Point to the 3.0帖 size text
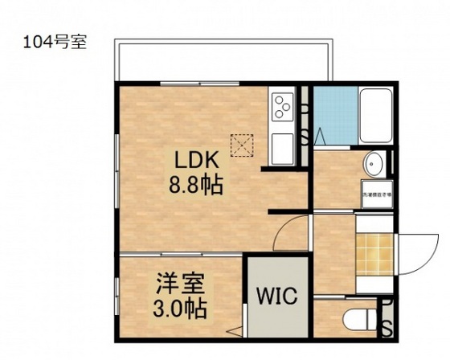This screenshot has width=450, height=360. [x=180, y=308]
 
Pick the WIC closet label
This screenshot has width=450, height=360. [x=276, y=295]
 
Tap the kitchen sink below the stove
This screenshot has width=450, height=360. [x=284, y=148]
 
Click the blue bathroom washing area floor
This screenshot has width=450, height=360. [x=330, y=116]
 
